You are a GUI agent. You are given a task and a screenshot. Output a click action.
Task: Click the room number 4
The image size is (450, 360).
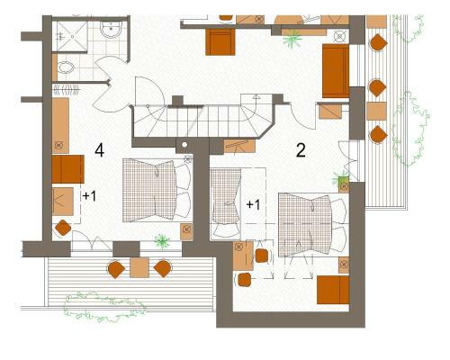[x=100, y=150]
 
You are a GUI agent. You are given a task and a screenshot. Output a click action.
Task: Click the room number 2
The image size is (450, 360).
[x=301, y=150]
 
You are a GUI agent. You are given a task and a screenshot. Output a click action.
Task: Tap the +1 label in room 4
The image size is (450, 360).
[x=89, y=196]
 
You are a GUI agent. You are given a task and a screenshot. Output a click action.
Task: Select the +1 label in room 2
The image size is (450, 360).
[x=253, y=204]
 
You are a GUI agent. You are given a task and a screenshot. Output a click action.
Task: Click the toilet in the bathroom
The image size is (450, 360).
[x=66, y=67]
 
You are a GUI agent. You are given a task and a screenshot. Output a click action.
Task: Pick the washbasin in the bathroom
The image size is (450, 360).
[x=111, y=30]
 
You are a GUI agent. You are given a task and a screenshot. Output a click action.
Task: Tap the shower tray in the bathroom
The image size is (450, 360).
[x=70, y=37]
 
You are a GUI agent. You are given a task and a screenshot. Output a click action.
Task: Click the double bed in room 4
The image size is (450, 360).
[x=157, y=190]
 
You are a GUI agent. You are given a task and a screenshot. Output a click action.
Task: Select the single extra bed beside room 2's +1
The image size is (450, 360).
[x=226, y=203]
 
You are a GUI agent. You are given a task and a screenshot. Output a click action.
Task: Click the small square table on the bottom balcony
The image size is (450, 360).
[x=139, y=267]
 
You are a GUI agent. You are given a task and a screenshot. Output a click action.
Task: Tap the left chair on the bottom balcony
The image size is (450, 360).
[x=116, y=269]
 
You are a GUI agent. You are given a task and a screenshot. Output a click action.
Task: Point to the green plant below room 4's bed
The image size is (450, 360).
[x=162, y=241]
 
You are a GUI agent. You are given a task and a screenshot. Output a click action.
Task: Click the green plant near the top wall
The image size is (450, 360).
[x=292, y=39]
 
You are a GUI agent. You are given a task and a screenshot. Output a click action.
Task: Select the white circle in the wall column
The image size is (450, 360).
[x=184, y=145]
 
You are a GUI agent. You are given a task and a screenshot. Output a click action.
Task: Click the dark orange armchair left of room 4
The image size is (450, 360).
[x=67, y=169]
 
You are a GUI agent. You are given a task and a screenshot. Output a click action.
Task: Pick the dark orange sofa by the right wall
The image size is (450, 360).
[x=336, y=71]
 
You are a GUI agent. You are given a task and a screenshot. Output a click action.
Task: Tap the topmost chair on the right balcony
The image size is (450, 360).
[x=378, y=42]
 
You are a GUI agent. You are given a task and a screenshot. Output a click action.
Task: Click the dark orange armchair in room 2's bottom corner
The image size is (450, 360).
[x=333, y=290]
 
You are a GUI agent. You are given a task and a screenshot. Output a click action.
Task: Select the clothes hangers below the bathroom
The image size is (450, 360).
[x=67, y=89]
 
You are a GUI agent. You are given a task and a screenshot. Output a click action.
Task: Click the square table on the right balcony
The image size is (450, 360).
[x=376, y=112]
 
